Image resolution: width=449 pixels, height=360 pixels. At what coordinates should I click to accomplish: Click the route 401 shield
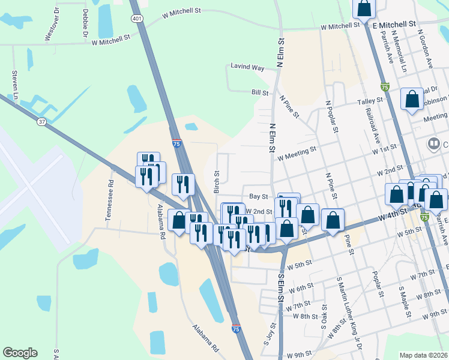click(137, 19)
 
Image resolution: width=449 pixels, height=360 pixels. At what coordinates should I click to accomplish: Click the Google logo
click(20, 353)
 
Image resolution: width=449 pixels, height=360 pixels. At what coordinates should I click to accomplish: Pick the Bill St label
click(259, 93)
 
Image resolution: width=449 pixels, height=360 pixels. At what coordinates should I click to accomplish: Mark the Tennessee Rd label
click(110, 200)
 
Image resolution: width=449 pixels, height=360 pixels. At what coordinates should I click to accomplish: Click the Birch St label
click(217, 181)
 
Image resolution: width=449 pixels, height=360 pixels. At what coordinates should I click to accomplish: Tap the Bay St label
click(258, 197)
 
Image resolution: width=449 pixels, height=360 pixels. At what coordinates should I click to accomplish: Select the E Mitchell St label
click(394, 25)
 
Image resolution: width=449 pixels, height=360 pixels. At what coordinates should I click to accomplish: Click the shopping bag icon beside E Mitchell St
click(364, 8)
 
